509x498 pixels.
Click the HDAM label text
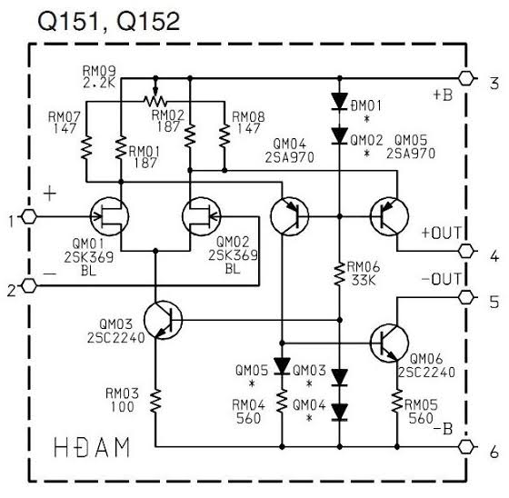pos(92,447)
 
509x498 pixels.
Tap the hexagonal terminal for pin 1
pos(29,216)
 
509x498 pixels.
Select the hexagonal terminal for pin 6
pos(466,447)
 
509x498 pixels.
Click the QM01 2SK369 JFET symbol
pos(109,216)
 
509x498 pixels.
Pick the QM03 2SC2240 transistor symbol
pos(163,320)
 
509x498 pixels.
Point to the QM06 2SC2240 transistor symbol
pos(389,343)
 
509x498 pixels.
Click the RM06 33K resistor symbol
pos(340,274)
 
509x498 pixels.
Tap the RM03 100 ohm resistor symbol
pos(155,401)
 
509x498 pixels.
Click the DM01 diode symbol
pos(340,101)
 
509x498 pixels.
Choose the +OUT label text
pos(441,233)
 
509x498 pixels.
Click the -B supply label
pos(444,429)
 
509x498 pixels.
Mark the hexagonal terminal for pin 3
pos(466,78)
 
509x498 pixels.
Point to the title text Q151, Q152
pos(109,22)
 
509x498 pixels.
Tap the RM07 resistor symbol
pos(86,147)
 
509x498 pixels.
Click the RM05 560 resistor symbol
pos(397,401)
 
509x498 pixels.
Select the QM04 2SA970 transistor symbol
pos(290,216)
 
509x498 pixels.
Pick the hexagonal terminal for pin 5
pos(466,297)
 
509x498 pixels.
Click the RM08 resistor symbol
pos(225,135)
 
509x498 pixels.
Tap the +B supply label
pos(444,95)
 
